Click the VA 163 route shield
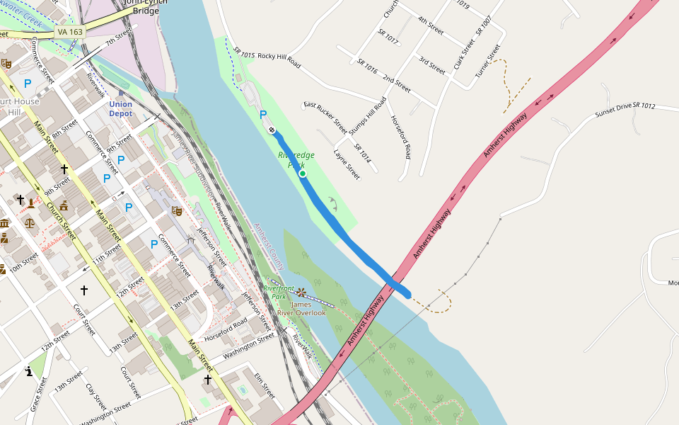70,33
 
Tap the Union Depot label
120,108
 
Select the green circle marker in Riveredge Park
302,173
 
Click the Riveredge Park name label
296,159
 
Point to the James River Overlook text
301,308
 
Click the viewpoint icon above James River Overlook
301,292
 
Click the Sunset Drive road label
613,110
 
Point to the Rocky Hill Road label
279,60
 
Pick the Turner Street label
487,61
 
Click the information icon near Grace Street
28,371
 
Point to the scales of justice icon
29,222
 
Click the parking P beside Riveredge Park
263,114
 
